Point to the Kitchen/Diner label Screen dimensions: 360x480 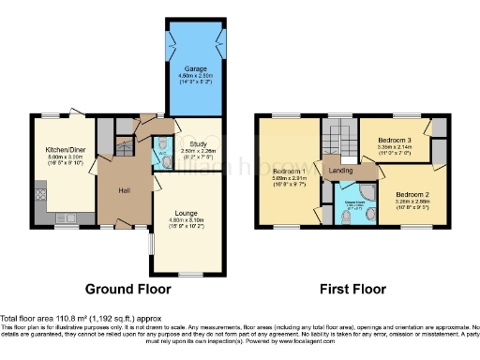(x=64, y=149)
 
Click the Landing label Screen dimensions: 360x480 (x=340, y=171)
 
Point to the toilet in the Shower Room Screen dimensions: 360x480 (x=347, y=217)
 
